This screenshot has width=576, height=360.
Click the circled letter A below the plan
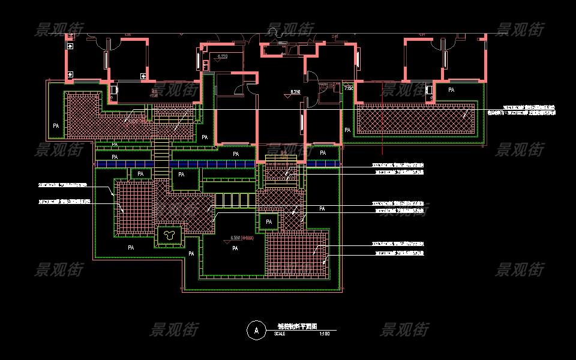(x=256, y=329)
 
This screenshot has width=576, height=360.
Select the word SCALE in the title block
(x=280, y=334)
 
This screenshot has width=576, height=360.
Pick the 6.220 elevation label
(x=223, y=57)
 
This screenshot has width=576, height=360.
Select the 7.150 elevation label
(x=349, y=88)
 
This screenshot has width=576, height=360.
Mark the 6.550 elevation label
(x=239, y=238)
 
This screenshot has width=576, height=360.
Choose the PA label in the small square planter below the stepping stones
(x=269, y=222)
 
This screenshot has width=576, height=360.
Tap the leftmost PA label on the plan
(x=56, y=126)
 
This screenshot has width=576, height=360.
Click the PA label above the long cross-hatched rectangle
(x=451, y=89)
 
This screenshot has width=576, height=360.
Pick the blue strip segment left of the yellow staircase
(x=125, y=164)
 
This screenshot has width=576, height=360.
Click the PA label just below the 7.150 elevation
(x=347, y=130)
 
